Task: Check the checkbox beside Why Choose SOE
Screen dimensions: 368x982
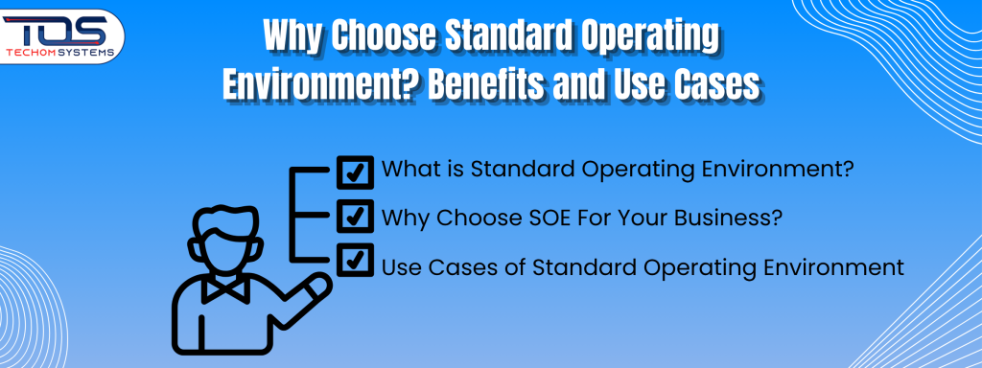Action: point(356,217)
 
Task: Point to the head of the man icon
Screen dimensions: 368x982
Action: point(226,236)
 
